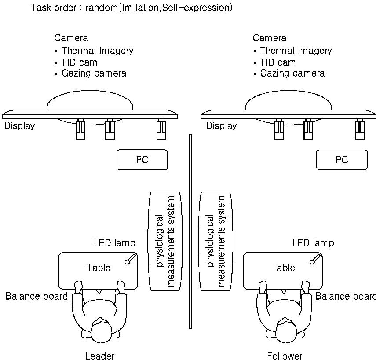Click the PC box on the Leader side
142,160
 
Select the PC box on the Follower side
342,160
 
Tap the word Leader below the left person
100,356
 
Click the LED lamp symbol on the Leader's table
130,259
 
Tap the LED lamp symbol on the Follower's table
314,259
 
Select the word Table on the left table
99,268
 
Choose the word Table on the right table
283,268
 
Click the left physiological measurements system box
165,241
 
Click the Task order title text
131,8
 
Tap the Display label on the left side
19,126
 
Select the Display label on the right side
221,126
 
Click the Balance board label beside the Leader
37,296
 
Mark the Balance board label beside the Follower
346,296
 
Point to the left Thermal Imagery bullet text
97,51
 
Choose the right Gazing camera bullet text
292,73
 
